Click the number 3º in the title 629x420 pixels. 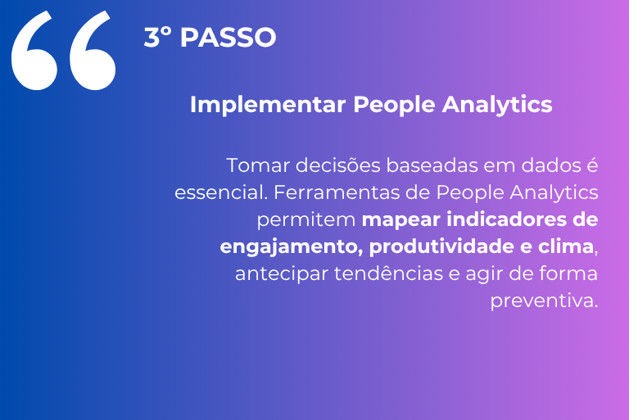coord(157,38)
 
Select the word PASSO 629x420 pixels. coord(228,38)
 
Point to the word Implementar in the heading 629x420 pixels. coord(268,104)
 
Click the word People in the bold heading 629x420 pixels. coord(394,105)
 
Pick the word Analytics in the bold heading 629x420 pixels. coord(497,105)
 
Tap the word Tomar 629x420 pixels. coord(257,165)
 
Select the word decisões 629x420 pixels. coord(338,165)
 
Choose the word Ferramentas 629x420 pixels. coord(337,192)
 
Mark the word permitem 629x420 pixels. coord(306,220)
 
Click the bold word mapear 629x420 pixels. coord(401,220)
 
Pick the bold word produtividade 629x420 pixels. coord(441,246)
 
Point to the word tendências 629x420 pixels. coord(388,273)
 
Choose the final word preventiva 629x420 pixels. coord(544,300)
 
